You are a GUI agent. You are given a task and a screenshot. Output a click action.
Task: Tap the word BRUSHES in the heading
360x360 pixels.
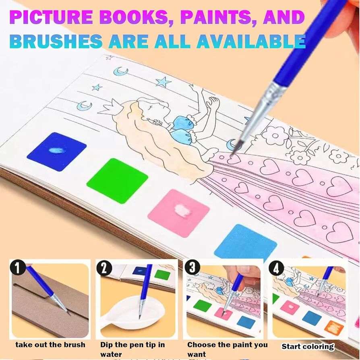pyautogui.click(x=56, y=41)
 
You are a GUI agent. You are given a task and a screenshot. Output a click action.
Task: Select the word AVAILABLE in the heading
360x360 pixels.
pyautogui.click(x=250, y=41)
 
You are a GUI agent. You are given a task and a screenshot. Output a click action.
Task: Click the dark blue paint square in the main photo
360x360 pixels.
pyautogui.click(x=56, y=151)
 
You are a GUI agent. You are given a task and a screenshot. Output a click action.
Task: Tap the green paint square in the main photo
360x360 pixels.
pyautogui.click(x=117, y=181)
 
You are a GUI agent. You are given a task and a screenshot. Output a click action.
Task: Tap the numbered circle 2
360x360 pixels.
pyautogui.click(x=104, y=268)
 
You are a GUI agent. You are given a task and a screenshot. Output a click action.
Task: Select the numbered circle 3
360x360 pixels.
pyautogui.click(x=192, y=267)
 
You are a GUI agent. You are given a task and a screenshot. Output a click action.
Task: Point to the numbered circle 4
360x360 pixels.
pyautogui.click(x=276, y=268)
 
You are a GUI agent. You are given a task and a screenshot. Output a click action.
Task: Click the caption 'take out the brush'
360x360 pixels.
pyautogui.click(x=50, y=345)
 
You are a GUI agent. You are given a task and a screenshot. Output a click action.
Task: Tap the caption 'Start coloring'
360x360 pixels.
pyautogui.click(x=308, y=346)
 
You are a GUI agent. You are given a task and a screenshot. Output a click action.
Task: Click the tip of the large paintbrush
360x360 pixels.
pyautogui.click(x=234, y=153)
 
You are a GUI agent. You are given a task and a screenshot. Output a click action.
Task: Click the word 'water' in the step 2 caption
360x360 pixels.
pyautogui.click(x=111, y=354)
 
